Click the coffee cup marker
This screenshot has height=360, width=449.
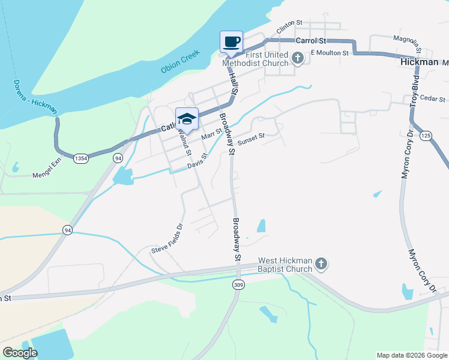tap(232, 42)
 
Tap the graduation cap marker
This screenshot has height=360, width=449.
tap(187, 119)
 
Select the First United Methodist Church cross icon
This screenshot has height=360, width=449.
tap(298, 58)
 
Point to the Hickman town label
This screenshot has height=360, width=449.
tap(419, 62)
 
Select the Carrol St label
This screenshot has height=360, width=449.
tap(310, 41)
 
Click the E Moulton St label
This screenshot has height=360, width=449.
tap(330, 53)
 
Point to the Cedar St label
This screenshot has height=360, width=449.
tap(432, 98)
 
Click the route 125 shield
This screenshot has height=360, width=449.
tap(426, 136)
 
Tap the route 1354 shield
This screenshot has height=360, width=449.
tap(81, 158)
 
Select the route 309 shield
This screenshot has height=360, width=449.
tap(239, 284)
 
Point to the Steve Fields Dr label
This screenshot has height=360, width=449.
tap(166, 239)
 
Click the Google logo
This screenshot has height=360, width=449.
tap(20, 352)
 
